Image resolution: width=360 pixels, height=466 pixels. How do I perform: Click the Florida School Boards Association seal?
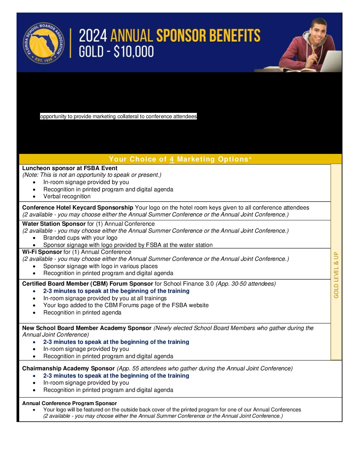pos(44,43)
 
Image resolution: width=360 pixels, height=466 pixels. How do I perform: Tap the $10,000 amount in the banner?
pos(134,52)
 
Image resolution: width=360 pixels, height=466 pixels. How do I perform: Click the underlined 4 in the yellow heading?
pos(172,159)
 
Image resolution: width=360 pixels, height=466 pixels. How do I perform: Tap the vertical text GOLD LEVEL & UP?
pos(336,275)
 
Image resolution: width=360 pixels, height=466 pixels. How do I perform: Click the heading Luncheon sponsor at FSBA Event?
pos(70,168)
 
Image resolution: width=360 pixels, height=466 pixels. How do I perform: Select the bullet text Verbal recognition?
pos(67,196)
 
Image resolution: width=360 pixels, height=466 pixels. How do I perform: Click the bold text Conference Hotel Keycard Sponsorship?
pos(77,208)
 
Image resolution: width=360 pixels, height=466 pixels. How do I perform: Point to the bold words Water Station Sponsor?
pos(54,224)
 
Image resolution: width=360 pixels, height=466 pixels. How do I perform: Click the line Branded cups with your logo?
pos(80,238)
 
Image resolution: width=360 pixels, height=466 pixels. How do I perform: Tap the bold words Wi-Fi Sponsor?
pos(42,252)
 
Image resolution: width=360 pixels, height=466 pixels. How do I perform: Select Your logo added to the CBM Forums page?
pos(126,305)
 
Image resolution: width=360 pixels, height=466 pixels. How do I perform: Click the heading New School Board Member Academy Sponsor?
pos(87,328)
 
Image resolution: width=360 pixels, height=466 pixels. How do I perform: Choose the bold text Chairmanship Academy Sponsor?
pos(68,368)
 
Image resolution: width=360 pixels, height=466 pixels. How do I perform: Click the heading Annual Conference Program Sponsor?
pos(69,403)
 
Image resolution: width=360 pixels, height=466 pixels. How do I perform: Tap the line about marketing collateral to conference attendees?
pos(118,117)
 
